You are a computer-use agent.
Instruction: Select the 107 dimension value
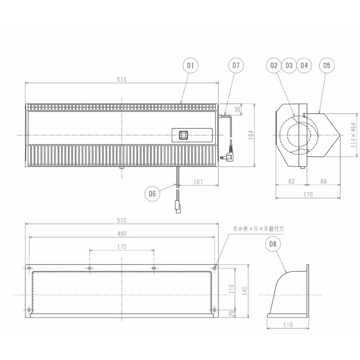pyautogui.click(x=198, y=182)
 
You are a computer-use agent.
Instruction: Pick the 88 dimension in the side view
pyautogui.click(x=323, y=182)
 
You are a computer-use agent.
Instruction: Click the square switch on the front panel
pyautogui.click(x=183, y=135)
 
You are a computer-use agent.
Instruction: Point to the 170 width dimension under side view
pyautogui.click(x=308, y=194)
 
